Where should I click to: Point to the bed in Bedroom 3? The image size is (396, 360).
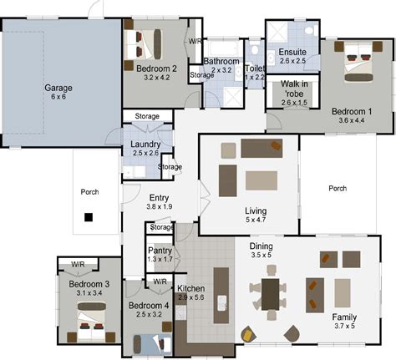click(89, 322)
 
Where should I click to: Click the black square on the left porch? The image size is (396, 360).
click(88, 217)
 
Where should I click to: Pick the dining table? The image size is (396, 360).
click(271, 293)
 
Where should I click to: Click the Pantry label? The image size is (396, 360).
click(160, 250)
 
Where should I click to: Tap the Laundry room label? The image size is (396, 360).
click(146, 145)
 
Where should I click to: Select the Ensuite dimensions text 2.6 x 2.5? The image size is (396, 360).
click(292, 61)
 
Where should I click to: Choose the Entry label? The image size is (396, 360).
click(158, 196)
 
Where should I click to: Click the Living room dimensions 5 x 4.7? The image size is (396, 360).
click(255, 221)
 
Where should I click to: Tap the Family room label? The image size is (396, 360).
click(344, 317)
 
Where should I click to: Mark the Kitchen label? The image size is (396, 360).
click(190, 288)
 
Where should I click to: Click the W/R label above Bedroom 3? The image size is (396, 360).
click(78, 264)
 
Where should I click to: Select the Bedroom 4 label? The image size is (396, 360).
click(150, 306)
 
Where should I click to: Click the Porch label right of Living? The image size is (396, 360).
click(338, 189)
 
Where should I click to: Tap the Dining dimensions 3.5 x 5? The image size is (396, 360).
click(267, 256)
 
